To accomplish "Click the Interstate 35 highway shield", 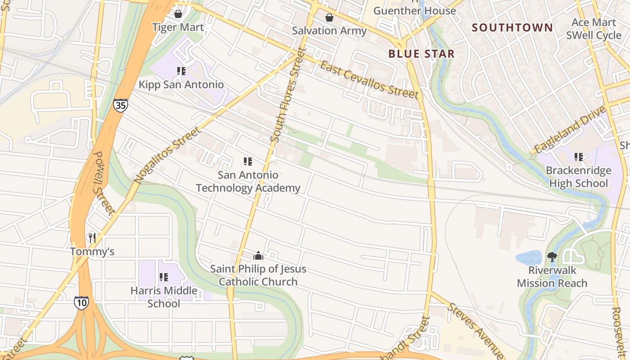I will pos(120,105).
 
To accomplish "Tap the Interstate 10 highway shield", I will pos(81,303).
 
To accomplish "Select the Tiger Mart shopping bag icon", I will pos(178,14).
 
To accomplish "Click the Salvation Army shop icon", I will pos(329,18).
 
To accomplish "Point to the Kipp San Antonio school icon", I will pos(181,71).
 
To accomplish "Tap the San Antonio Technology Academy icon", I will pos(247,162).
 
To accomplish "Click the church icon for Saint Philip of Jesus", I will pos(258,256).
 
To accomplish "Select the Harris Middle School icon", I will pos(164,277).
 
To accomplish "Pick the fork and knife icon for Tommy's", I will pos(92,238).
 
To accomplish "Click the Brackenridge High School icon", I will pos(579,157).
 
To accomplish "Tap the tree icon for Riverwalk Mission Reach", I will pos(552,257).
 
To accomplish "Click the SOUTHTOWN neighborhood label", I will pos(512,27).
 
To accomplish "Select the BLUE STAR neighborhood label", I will pos(421,54).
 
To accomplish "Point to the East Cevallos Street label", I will pos(369,80).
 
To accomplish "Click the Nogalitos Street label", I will pos(166,155).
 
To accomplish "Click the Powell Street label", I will pos(104,182).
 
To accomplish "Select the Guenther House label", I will pos(414,10).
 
